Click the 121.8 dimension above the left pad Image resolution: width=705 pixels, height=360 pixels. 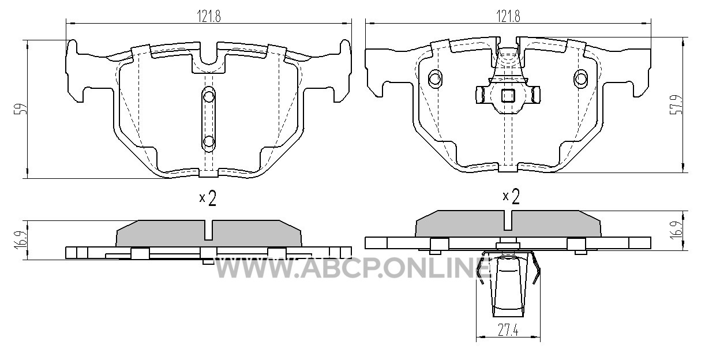click(209, 16)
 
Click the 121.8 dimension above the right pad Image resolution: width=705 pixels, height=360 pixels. click(508, 16)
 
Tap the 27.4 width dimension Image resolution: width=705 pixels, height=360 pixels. click(508, 331)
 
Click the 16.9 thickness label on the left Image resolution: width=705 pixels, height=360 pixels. click(20, 240)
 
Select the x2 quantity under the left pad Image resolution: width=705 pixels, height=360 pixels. click(208, 198)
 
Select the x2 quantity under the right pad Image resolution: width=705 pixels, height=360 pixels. click(511, 197)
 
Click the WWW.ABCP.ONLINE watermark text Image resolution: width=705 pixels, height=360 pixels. click(352, 268)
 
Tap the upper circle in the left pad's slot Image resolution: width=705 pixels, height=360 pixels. click(209, 96)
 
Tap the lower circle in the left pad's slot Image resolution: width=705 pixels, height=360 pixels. click(209, 142)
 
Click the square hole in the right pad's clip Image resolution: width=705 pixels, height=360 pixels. click(508, 96)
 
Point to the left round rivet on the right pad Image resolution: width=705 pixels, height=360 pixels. click(436, 78)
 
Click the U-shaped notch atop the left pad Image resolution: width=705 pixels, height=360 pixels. click(209, 61)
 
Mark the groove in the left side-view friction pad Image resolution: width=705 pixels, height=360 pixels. click(209, 230)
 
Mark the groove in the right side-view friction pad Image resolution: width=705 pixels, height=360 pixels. click(508, 220)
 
